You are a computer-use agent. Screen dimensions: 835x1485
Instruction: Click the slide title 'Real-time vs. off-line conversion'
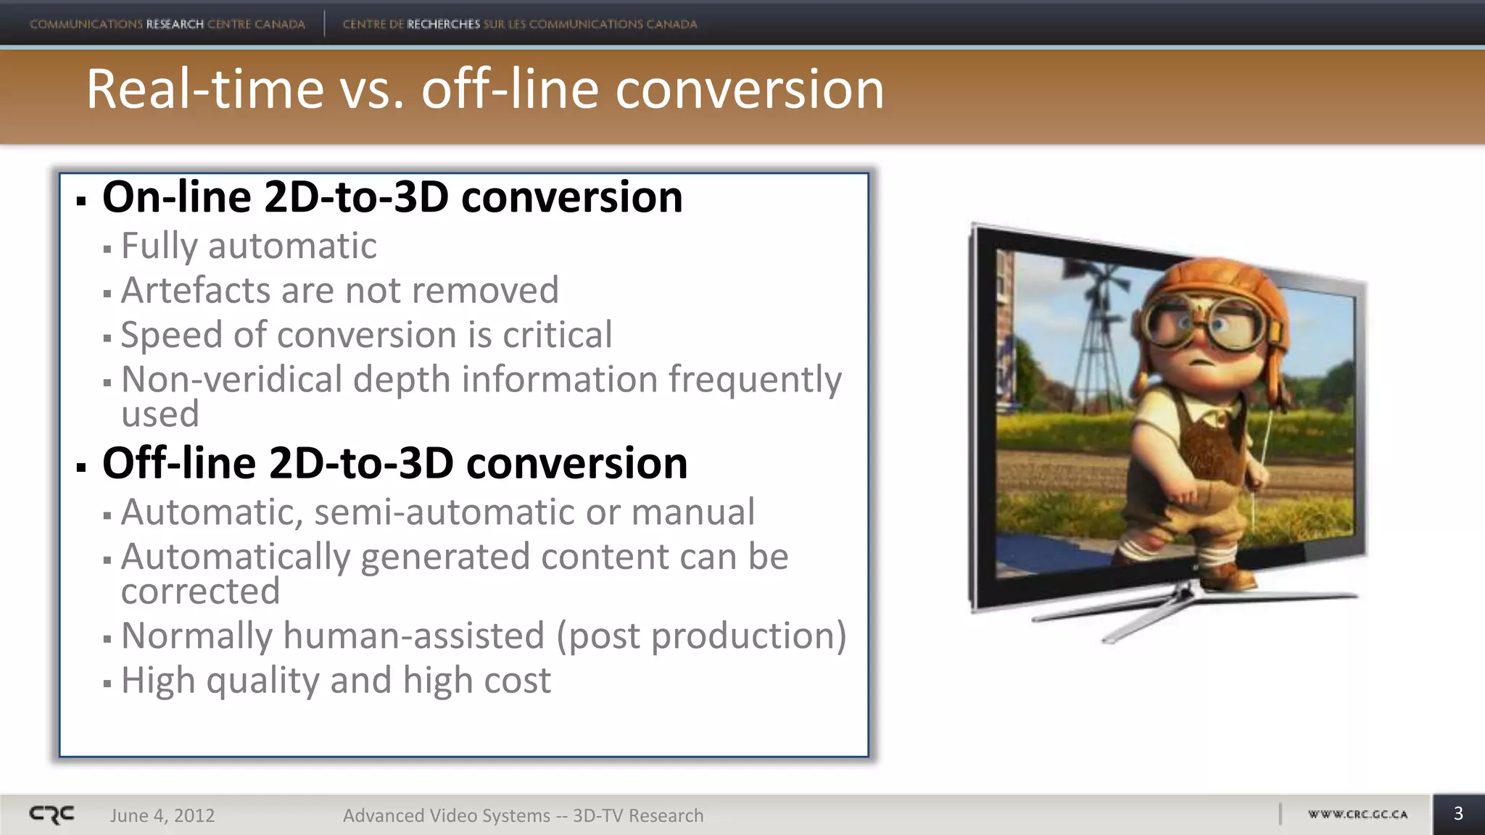tap(485, 90)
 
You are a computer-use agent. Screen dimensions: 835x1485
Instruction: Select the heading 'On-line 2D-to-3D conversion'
tap(392, 197)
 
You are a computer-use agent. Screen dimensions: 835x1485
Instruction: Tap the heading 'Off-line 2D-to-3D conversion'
tap(394, 463)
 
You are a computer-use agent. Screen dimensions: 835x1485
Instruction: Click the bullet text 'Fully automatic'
tap(249, 246)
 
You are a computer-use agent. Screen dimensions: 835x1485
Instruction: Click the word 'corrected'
tap(200, 591)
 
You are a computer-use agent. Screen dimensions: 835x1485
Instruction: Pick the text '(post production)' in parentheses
tap(700, 636)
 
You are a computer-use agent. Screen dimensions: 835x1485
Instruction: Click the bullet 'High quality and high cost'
tap(336, 681)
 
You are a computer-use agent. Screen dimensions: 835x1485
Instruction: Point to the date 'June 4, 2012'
tap(162, 816)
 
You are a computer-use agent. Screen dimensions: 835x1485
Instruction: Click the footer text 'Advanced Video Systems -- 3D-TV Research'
tap(523, 816)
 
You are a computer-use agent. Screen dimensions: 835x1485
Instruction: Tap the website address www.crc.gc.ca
tap(1357, 815)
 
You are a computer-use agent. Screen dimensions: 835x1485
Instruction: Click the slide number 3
tap(1458, 814)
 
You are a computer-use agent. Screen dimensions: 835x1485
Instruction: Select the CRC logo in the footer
tap(51, 815)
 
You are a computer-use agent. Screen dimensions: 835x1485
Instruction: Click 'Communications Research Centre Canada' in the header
tap(167, 24)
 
